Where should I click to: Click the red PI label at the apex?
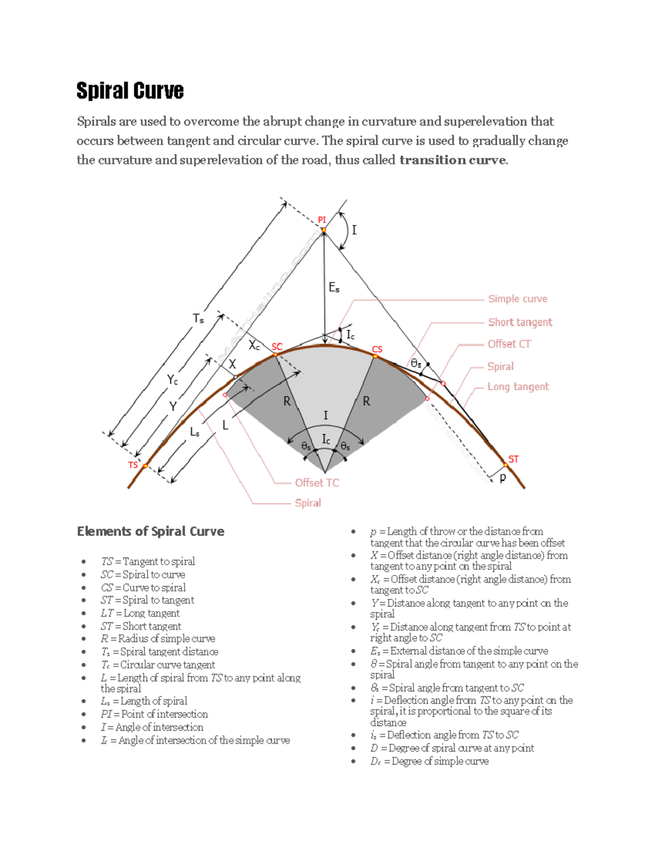321,220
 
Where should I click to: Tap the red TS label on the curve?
133,465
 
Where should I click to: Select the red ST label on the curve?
513,459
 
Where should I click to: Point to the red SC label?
277,347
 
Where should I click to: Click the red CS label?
377,349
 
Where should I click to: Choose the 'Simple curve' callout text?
517,299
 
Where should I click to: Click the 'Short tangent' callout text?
520,322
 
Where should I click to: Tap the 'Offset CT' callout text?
509,344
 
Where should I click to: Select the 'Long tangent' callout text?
517,387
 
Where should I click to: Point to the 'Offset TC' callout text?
317,483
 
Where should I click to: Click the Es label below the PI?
334,287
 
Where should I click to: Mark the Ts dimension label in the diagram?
198,318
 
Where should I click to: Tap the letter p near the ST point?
503,477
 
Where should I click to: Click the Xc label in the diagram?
254,345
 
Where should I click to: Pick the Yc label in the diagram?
172,379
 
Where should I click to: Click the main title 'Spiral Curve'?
130,91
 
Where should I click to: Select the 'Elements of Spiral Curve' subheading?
151,531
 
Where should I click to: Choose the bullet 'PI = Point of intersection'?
154,714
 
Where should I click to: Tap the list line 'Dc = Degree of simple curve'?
429,761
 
